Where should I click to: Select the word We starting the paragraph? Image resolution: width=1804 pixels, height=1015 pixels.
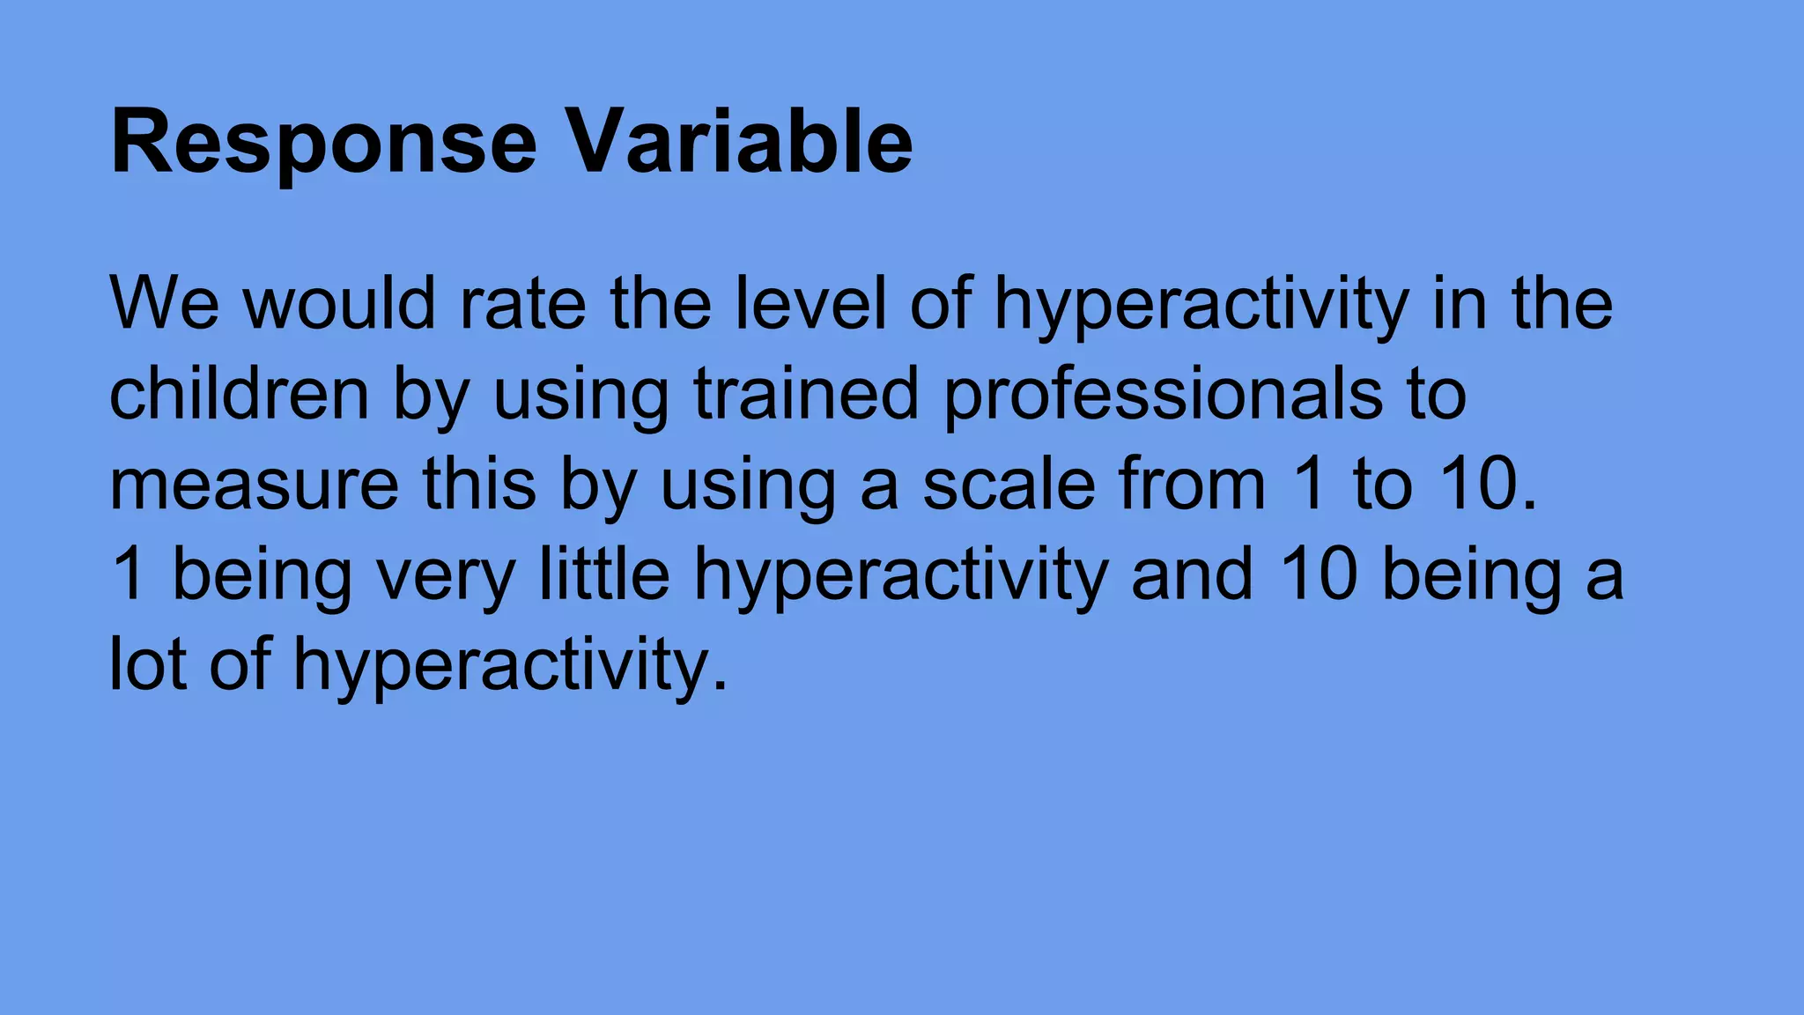[x=164, y=303]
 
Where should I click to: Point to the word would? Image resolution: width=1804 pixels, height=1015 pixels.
[x=339, y=303]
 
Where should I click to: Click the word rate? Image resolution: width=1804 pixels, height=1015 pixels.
[x=523, y=305]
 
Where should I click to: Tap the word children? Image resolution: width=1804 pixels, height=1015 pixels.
[x=239, y=394]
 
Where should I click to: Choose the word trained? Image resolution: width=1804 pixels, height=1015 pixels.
[x=806, y=394]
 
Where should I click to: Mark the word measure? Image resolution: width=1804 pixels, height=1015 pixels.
[x=254, y=485]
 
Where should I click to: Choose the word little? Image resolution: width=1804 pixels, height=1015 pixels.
[x=604, y=574]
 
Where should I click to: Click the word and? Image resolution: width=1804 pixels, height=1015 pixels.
[x=1192, y=574]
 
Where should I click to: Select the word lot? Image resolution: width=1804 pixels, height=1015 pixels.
[x=147, y=664]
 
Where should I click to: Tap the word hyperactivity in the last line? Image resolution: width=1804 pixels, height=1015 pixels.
[x=511, y=666]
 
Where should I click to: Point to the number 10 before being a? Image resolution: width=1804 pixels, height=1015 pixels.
[x=1319, y=574]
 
